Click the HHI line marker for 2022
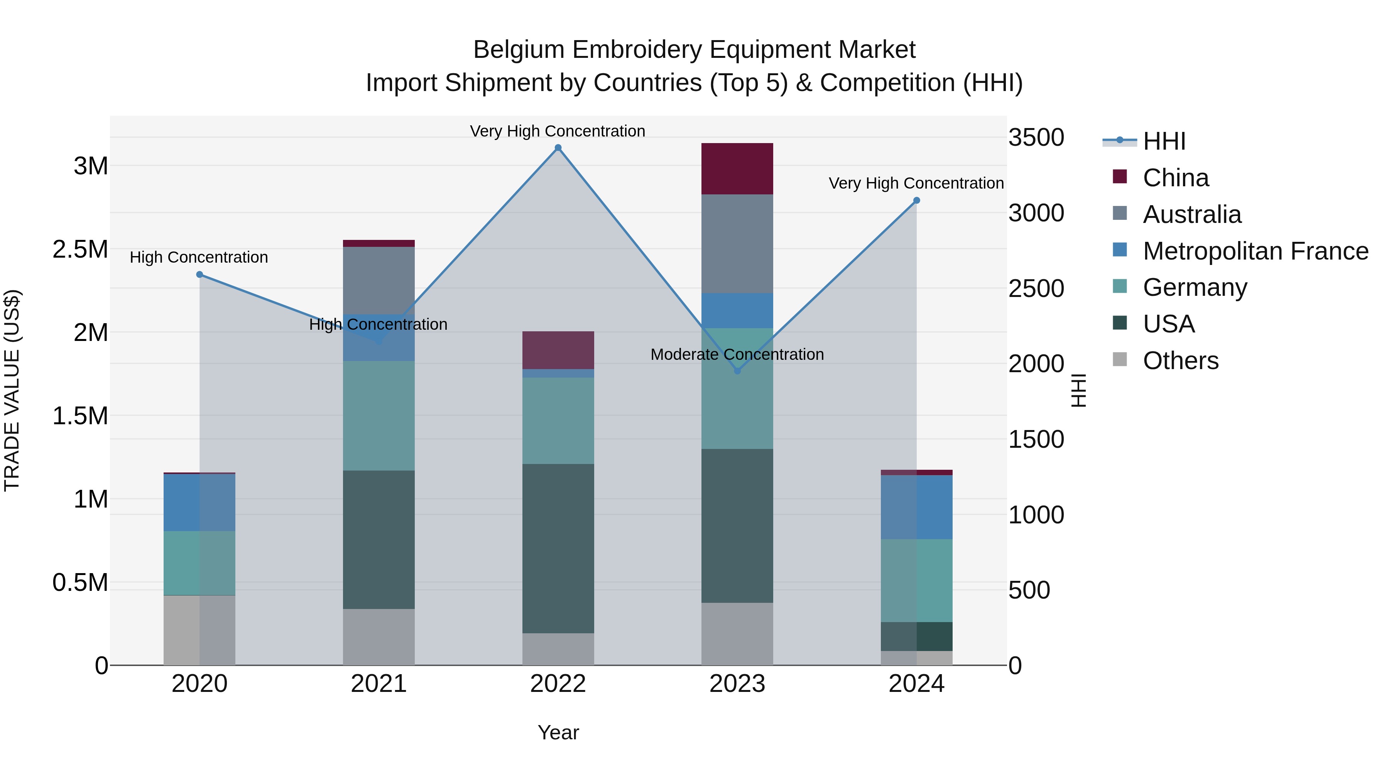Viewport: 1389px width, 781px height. tap(558, 148)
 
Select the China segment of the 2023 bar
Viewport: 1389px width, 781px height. tap(737, 169)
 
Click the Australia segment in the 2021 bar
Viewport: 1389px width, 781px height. tap(379, 280)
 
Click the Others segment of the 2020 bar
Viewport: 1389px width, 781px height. tap(199, 630)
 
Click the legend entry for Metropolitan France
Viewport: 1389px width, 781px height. tap(1255, 251)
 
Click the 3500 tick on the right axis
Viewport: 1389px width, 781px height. tap(1036, 137)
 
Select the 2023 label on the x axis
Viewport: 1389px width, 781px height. tap(737, 684)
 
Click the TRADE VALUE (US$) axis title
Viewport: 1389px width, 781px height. tap(12, 390)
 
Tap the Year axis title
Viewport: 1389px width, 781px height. tap(558, 732)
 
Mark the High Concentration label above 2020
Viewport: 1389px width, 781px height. tap(199, 257)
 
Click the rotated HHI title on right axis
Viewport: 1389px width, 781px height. tap(1078, 390)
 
